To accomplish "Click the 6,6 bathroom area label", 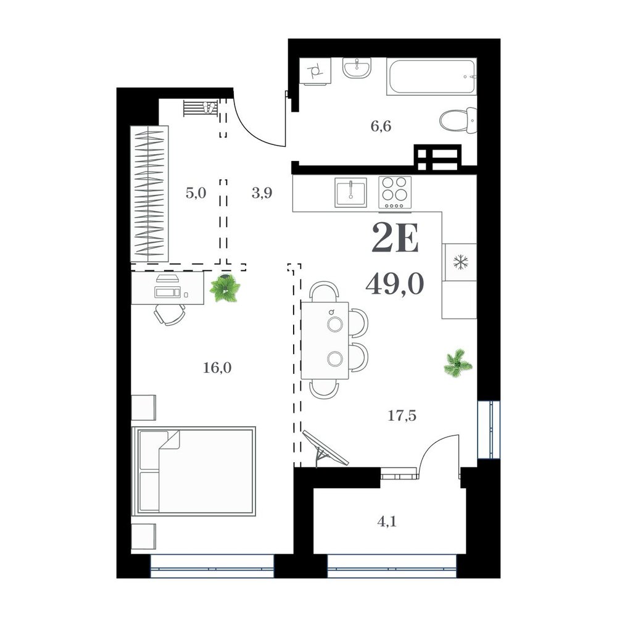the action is coord(381,126).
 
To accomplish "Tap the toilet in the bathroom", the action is coord(458,120).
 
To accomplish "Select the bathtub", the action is coord(432,77).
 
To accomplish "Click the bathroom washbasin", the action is coord(357,68).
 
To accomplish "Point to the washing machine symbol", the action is coord(315,71).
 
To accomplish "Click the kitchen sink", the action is coord(350,193).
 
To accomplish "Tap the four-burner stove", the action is coord(395,193).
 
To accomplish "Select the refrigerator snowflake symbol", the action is coord(460,262).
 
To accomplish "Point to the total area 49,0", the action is coord(395,284).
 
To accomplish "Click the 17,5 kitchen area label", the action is coord(402,415).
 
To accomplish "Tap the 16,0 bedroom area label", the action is coord(217,368).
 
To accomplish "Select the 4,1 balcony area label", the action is coord(387,522).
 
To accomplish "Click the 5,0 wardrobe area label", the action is coord(196,193).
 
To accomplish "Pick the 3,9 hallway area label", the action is coord(262,193).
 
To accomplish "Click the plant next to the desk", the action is coord(225,288).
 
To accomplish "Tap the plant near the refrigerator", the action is coord(458,362).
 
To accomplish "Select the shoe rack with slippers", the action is coord(201,108).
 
